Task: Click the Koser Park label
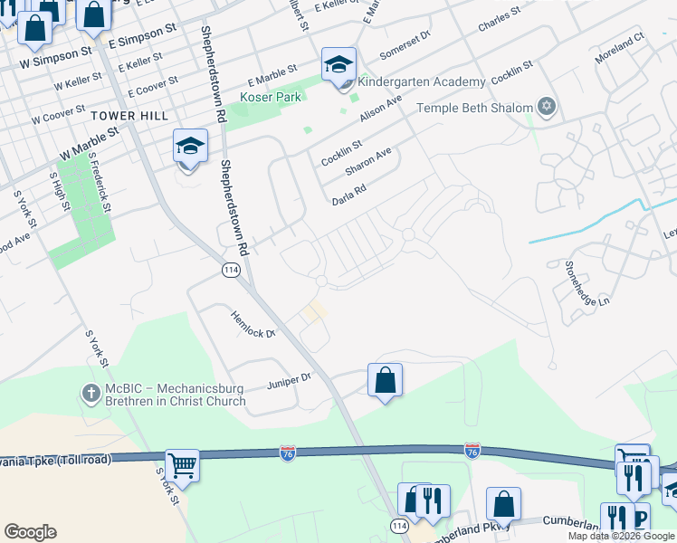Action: pos(270,97)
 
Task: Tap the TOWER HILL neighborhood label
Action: pos(129,116)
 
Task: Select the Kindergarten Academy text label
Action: pos(422,82)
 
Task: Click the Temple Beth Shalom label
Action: pos(474,109)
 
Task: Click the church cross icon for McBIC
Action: pos(91,395)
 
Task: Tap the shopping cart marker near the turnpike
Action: pos(183,465)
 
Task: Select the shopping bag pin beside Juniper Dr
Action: pos(385,379)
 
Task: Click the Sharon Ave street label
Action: pos(367,163)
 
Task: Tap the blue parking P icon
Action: pos(640,518)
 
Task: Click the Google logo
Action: pos(30,532)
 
